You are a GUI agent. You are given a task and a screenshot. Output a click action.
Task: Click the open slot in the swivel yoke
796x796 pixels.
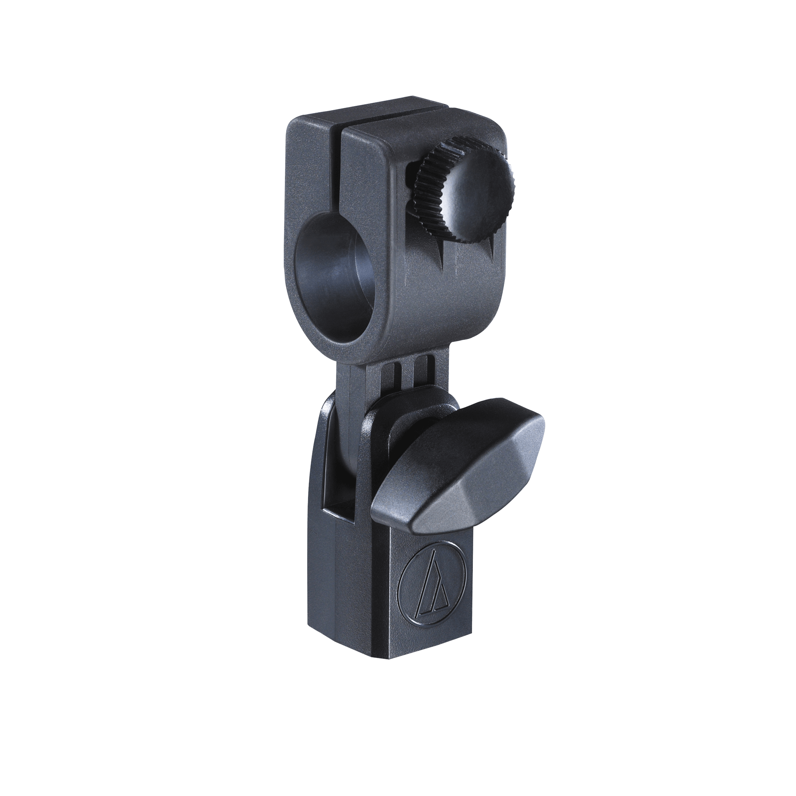click(x=338, y=474)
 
